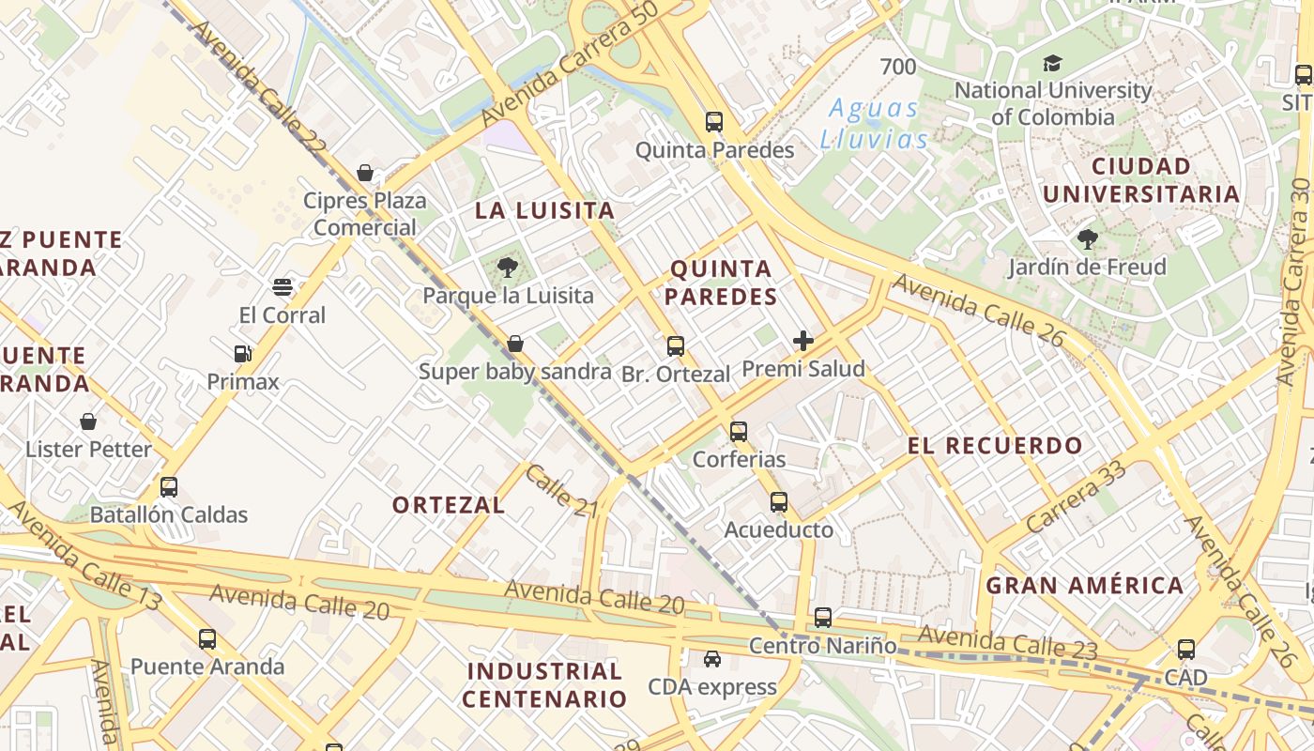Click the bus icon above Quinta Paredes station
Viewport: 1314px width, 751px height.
714,122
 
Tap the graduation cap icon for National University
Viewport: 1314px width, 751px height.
1053,64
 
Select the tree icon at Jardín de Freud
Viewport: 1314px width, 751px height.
1088,239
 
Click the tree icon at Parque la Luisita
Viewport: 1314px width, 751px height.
508,268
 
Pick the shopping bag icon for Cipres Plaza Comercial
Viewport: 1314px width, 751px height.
365,173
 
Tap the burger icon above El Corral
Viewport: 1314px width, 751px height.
283,287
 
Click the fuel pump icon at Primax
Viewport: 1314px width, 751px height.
243,354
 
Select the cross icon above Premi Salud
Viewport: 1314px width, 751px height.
803,341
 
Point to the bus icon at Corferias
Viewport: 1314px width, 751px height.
739,432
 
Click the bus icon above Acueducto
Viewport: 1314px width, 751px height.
779,502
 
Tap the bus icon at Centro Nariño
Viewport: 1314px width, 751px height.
823,618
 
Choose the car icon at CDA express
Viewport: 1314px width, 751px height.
712,659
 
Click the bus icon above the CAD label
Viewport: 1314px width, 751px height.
1186,650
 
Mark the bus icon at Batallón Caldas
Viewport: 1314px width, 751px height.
169,487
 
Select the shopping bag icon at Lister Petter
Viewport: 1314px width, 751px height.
88,421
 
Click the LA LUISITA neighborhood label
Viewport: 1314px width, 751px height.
544,210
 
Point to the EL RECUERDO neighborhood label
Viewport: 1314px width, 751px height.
995,446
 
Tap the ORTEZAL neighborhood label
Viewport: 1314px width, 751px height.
449,505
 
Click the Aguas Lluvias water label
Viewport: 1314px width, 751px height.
874,124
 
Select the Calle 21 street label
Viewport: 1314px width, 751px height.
561,491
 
